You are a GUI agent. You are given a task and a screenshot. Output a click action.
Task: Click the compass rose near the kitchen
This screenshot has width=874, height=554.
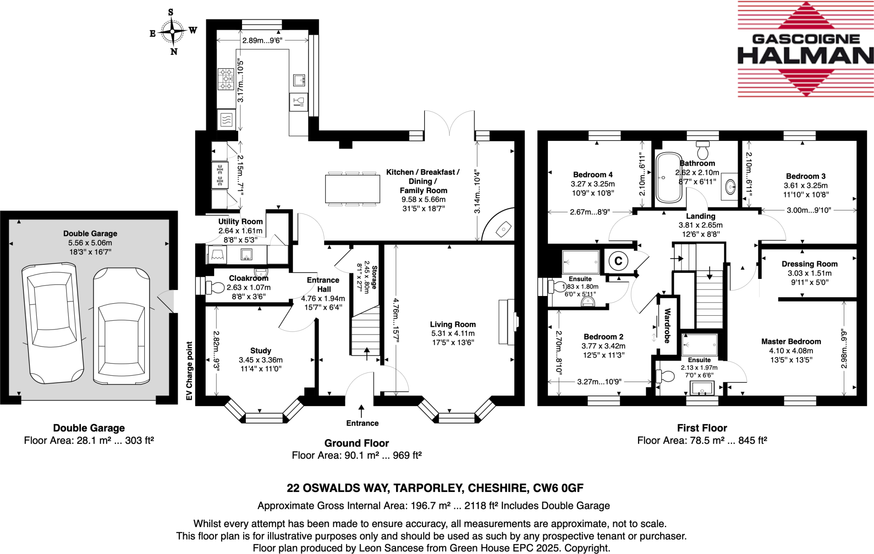[x=173, y=32]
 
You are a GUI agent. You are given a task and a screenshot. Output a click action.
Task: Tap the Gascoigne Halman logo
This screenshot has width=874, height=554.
[x=805, y=49]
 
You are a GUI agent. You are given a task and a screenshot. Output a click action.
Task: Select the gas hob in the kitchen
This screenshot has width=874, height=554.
[x=226, y=79]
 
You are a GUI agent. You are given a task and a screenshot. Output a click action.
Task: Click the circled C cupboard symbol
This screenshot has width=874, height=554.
[x=618, y=261]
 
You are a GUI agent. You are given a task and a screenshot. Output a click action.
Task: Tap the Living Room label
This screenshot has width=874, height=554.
[x=452, y=325]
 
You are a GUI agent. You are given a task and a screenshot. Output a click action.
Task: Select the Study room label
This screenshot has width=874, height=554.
[x=260, y=351]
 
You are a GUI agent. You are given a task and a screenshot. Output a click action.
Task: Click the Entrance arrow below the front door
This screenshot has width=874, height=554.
[x=361, y=411]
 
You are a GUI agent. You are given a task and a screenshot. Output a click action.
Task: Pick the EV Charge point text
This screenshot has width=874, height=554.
[x=189, y=371]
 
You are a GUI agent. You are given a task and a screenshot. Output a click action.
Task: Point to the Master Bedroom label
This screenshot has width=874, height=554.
[x=791, y=342]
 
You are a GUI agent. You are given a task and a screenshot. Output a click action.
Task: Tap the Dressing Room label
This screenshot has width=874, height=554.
[x=809, y=264]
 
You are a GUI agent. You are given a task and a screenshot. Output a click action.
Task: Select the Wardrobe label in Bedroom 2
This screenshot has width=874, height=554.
[x=667, y=325]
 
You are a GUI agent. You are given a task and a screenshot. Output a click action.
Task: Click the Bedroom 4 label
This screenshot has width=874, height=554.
[x=592, y=175]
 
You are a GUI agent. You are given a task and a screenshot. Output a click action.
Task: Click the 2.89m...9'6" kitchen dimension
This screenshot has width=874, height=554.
[x=262, y=41]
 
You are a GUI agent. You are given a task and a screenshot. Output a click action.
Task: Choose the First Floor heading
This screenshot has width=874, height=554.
[x=702, y=428]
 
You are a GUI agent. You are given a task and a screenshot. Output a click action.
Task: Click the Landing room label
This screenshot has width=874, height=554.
[x=700, y=216]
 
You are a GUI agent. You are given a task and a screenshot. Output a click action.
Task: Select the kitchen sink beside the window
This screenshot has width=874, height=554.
[x=299, y=80]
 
